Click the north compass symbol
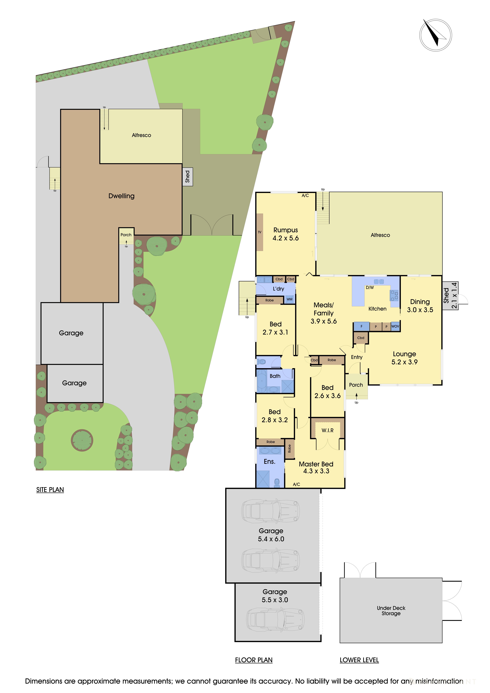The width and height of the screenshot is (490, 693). pyautogui.click(x=435, y=35)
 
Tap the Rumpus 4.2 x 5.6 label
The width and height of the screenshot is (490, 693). pyautogui.click(x=285, y=234)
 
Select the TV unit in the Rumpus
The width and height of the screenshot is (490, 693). pyautogui.click(x=259, y=232)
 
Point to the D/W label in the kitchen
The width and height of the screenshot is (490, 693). pyautogui.click(x=370, y=288)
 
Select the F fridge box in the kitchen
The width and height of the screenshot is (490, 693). pyautogui.click(x=361, y=326)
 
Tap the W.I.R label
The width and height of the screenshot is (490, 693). pyautogui.click(x=327, y=430)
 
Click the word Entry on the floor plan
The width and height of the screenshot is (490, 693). pyautogui.click(x=357, y=357)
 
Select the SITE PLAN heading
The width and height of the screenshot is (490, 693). pyautogui.click(x=50, y=490)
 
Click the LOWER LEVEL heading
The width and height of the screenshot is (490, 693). pyautogui.click(x=359, y=660)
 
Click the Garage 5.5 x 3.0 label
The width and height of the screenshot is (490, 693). pyautogui.click(x=275, y=596)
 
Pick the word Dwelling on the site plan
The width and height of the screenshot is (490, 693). pyautogui.click(x=121, y=196)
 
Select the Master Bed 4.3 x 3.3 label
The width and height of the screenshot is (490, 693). pyautogui.click(x=316, y=467)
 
